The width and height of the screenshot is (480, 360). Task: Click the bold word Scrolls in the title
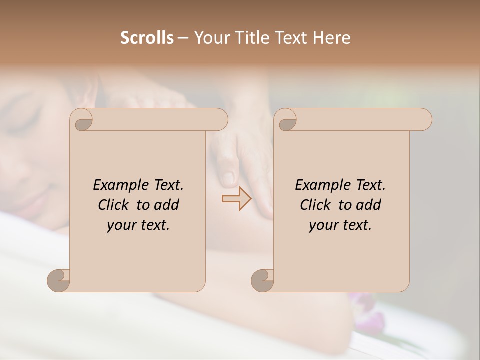pyautogui.click(x=147, y=38)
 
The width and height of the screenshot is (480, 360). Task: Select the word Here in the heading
pyautogui.click(x=332, y=38)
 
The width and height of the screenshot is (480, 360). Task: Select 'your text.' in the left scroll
pyautogui.click(x=138, y=225)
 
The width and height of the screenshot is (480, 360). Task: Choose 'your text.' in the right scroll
pyautogui.click(x=340, y=225)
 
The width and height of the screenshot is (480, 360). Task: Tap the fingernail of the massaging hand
pyautogui.click(x=227, y=178)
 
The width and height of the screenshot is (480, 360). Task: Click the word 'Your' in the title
pyautogui.click(x=208, y=38)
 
